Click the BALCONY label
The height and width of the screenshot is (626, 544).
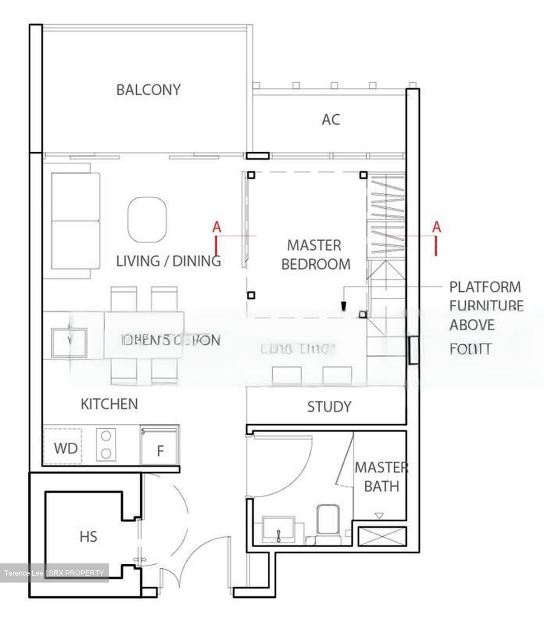click(x=148, y=90)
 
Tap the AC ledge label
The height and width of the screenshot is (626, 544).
click(x=331, y=120)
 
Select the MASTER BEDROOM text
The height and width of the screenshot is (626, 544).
click(x=315, y=255)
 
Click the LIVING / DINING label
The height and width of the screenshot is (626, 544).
click(x=169, y=261)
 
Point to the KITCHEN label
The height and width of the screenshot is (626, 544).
click(x=109, y=404)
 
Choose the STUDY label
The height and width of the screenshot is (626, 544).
click(x=329, y=407)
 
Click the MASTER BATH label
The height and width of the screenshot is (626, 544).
click(x=381, y=477)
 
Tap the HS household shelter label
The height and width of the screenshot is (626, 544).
click(x=88, y=537)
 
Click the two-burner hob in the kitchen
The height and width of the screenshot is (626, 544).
click(x=106, y=445)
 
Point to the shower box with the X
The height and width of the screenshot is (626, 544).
click(x=382, y=536)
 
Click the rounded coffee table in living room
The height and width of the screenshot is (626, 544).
click(x=147, y=220)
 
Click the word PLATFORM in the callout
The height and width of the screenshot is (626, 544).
click(x=485, y=287)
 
